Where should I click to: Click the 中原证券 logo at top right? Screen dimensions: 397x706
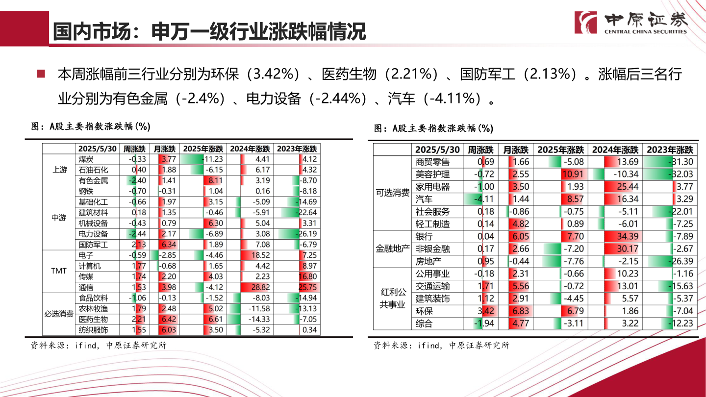tap(631, 22)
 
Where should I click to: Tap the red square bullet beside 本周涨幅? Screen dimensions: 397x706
tap(41, 74)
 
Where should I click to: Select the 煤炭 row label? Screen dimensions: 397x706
tap(86, 159)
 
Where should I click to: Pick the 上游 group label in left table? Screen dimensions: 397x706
tap(59, 170)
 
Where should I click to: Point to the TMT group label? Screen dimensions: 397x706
tap(59, 271)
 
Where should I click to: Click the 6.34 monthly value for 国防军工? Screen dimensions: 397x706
tap(168, 245)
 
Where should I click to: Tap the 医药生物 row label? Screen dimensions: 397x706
tap(93, 319)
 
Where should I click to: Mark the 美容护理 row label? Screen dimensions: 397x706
tap(432, 174)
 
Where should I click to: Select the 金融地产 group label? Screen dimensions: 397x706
tap(393, 248)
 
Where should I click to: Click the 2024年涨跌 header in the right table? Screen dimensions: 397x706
tap(615, 149)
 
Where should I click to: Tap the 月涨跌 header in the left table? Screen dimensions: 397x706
tap(163, 149)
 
